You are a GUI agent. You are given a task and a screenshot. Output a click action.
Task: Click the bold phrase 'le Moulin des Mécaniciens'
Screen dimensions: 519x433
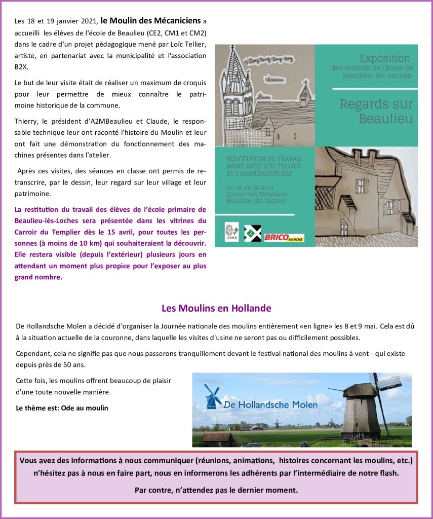click(151, 21)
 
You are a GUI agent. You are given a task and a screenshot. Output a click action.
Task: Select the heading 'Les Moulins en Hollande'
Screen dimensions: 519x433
click(216, 308)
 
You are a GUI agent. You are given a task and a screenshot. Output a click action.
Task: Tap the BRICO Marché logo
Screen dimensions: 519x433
click(284, 237)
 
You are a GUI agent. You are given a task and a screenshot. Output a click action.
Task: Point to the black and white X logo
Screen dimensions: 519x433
click(252, 233)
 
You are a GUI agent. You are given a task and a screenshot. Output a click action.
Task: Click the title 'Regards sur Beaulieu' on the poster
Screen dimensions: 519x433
click(376, 112)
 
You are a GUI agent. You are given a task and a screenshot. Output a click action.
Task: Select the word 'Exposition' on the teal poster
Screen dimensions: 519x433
click(384, 58)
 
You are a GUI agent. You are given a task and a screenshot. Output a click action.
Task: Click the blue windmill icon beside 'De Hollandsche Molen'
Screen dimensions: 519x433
click(213, 396)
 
